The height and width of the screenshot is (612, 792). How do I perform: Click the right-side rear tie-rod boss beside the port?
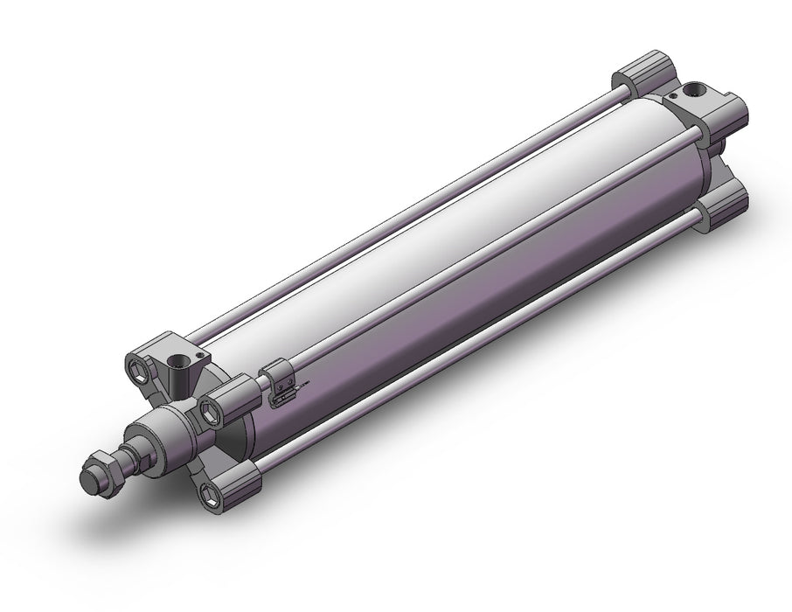[727, 114]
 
